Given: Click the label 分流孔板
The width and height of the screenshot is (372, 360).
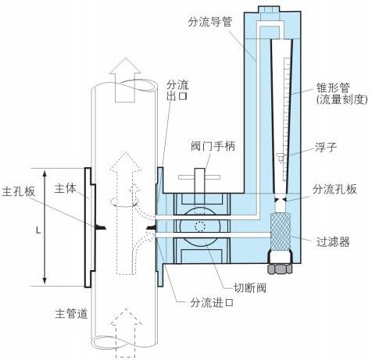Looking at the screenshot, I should coord(335,189).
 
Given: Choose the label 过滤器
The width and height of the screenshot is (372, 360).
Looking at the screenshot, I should coord(334,243).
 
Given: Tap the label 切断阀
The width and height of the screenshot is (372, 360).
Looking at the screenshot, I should coord(252,286).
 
